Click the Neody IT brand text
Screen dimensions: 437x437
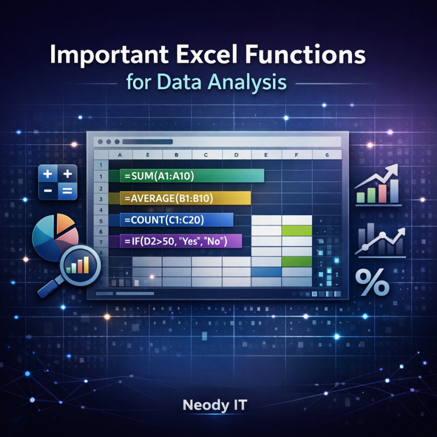[x=214, y=405]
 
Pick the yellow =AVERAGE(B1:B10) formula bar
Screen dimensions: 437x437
[x=185, y=198]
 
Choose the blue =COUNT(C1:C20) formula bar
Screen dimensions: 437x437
[x=177, y=220]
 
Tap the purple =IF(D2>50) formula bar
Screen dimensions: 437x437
[x=181, y=241]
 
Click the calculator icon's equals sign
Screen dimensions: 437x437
[x=66, y=190]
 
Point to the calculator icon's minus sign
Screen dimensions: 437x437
[x=48, y=191]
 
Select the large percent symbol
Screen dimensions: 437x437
[x=372, y=282]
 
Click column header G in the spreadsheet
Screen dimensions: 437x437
[x=327, y=155]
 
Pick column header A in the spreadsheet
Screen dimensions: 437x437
[x=120, y=155]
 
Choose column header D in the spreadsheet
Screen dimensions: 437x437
[x=237, y=155]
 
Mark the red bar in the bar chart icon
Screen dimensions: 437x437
[x=383, y=193]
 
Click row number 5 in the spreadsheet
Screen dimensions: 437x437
[x=101, y=221]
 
